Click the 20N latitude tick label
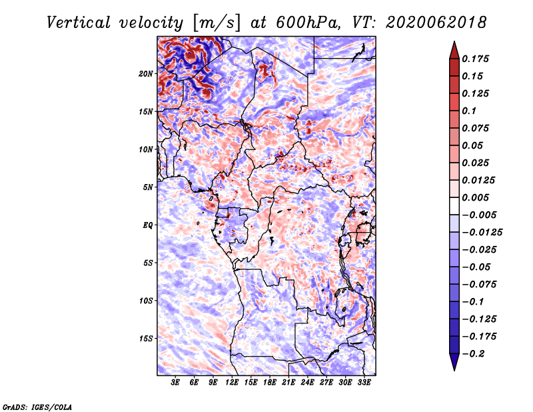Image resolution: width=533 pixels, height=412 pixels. (x=146, y=74)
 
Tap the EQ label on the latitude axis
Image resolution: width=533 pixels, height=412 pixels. (x=148, y=225)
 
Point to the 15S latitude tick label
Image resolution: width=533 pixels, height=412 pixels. (x=146, y=339)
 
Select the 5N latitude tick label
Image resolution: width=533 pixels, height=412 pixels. (x=148, y=187)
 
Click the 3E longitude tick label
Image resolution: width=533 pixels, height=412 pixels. (x=175, y=383)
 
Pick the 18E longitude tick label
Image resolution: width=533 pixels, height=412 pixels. (x=270, y=383)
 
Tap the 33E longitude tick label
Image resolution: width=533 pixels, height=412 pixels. (x=364, y=383)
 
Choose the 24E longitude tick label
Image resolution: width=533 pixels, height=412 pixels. (x=307, y=383)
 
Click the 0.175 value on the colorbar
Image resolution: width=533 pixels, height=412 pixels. (x=476, y=59)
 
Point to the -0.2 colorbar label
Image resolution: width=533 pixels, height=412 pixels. (x=474, y=354)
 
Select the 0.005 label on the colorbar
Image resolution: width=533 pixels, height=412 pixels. (x=476, y=197)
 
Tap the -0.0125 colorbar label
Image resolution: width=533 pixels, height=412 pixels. (x=482, y=233)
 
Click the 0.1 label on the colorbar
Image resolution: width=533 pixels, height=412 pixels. (x=469, y=111)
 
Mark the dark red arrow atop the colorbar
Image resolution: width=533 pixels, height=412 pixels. (x=454, y=51)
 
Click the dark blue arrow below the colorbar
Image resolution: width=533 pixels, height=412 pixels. (x=454, y=362)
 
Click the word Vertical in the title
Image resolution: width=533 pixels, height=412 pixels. (x=79, y=23)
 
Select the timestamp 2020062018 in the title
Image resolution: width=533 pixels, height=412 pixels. (x=436, y=23)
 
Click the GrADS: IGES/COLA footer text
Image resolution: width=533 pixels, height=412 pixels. (x=37, y=407)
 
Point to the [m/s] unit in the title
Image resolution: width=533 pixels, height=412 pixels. (x=217, y=23)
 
